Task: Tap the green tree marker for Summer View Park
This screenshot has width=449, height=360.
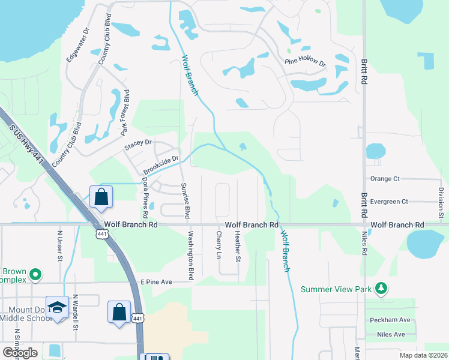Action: tap(380, 289)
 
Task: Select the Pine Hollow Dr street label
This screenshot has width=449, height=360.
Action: tap(306, 61)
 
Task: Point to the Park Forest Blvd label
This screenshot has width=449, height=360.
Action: tap(125, 112)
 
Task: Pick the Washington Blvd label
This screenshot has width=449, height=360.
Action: tap(191, 256)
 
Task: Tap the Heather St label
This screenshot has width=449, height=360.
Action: tap(238, 247)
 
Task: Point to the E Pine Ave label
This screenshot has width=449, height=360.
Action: tap(156, 281)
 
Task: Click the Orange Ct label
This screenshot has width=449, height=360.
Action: tap(385, 179)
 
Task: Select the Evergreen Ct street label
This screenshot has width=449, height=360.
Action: tap(389, 202)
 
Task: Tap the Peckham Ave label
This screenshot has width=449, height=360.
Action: tap(394, 320)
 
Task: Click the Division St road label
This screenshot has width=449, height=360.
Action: tap(441, 199)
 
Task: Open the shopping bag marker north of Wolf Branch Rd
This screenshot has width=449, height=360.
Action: tap(101, 196)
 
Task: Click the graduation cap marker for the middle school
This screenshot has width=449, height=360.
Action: tap(57, 308)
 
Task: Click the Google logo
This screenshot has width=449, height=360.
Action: tap(20, 352)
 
